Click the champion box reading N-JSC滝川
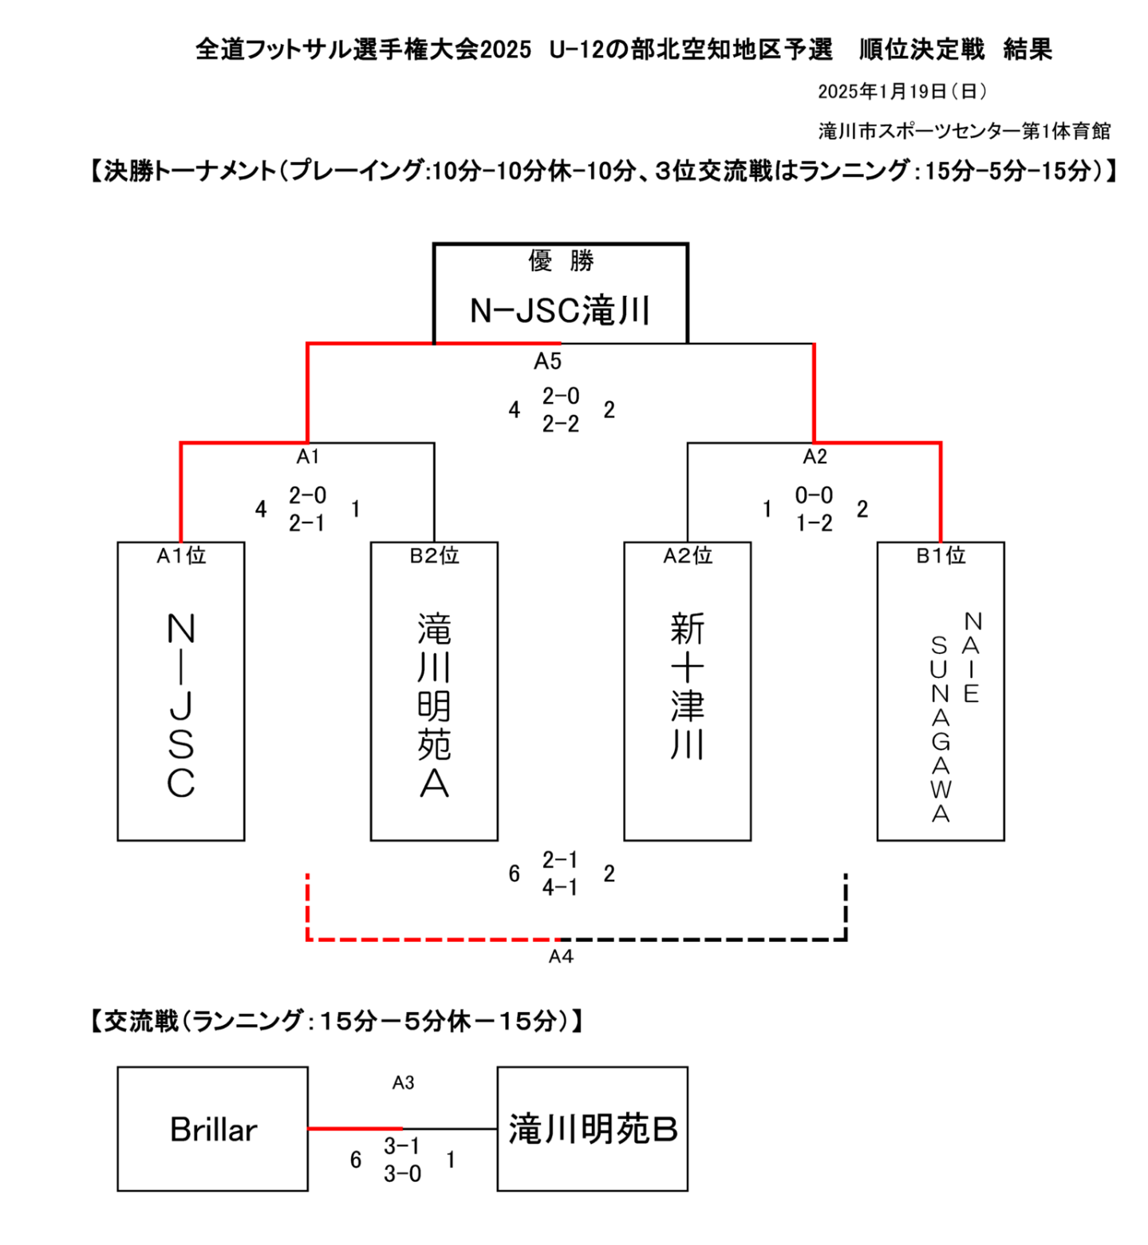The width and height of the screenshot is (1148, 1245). tap(560, 294)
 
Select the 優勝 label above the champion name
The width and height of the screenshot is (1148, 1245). tap(561, 261)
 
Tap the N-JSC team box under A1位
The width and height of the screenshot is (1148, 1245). tap(181, 691)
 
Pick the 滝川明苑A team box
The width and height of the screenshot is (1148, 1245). tap(434, 691)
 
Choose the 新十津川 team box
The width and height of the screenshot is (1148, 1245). tap(687, 691)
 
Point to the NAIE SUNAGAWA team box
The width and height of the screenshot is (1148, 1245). tap(941, 691)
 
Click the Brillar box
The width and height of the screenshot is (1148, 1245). tap(212, 1129)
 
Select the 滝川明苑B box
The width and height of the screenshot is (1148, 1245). tap(592, 1129)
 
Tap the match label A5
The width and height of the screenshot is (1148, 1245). tap(548, 361)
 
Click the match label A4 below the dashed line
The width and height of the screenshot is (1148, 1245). tap(561, 956)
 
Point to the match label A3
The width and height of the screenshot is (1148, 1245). tap(403, 1082)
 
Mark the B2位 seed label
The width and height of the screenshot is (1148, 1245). tap(434, 555)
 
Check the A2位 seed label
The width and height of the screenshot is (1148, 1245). tap(687, 555)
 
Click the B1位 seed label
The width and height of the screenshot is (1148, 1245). tap(941, 555)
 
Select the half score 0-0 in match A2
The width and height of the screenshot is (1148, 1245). tap(814, 495)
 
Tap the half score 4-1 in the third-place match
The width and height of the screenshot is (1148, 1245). tap(560, 887)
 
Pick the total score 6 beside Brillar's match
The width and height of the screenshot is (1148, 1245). tap(356, 1160)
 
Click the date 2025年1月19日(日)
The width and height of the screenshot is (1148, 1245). tap(902, 92)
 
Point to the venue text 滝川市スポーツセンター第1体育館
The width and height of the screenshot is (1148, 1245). tap(965, 131)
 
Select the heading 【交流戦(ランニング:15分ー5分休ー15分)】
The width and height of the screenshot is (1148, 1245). tap(337, 1021)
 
